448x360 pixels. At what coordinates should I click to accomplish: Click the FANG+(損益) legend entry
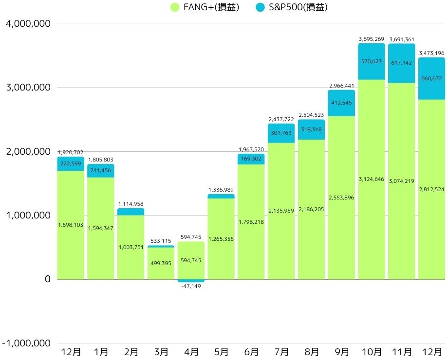coord(204,7)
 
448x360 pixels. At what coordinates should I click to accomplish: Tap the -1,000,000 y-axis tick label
coord(28,343)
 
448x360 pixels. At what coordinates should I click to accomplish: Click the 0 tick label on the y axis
coord(47,279)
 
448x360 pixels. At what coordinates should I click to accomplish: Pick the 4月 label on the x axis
coord(191,351)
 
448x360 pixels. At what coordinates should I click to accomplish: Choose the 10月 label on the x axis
coord(372,351)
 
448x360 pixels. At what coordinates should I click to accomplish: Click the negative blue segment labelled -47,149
coord(191,281)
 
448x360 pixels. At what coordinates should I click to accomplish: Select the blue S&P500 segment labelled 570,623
coord(372,62)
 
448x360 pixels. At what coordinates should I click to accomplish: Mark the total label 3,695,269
coord(372,39)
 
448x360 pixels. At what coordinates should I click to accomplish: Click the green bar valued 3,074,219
coord(402,181)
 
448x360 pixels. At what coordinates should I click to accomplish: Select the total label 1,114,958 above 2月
coord(131,204)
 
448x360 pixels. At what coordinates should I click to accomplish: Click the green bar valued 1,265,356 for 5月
coord(222,239)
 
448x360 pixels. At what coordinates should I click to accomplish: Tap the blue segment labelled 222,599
coord(71,163)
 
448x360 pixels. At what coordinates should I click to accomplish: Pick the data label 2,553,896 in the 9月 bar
coord(342,198)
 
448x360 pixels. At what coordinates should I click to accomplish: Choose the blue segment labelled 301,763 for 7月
coord(281,133)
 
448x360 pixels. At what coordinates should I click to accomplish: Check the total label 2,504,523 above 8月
coord(312,115)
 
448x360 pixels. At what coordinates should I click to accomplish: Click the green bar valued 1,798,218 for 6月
coord(251,222)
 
